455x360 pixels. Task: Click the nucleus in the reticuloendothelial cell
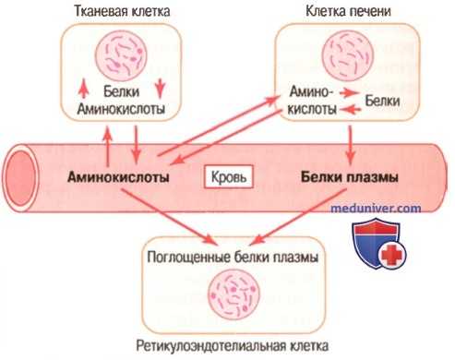point(231,294)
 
